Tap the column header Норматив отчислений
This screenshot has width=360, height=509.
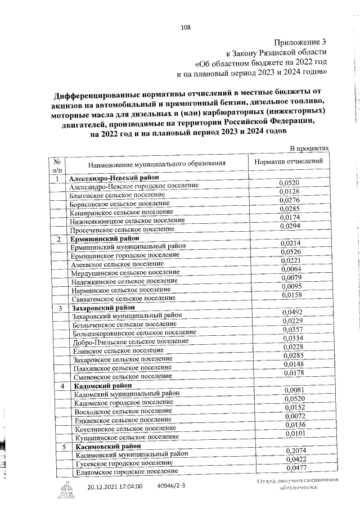point(289,161)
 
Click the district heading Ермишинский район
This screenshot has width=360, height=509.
point(104,238)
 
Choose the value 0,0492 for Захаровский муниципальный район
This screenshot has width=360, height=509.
point(291,312)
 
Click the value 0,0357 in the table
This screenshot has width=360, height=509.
point(292,329)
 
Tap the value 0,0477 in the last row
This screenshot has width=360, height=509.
point(296,468)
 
